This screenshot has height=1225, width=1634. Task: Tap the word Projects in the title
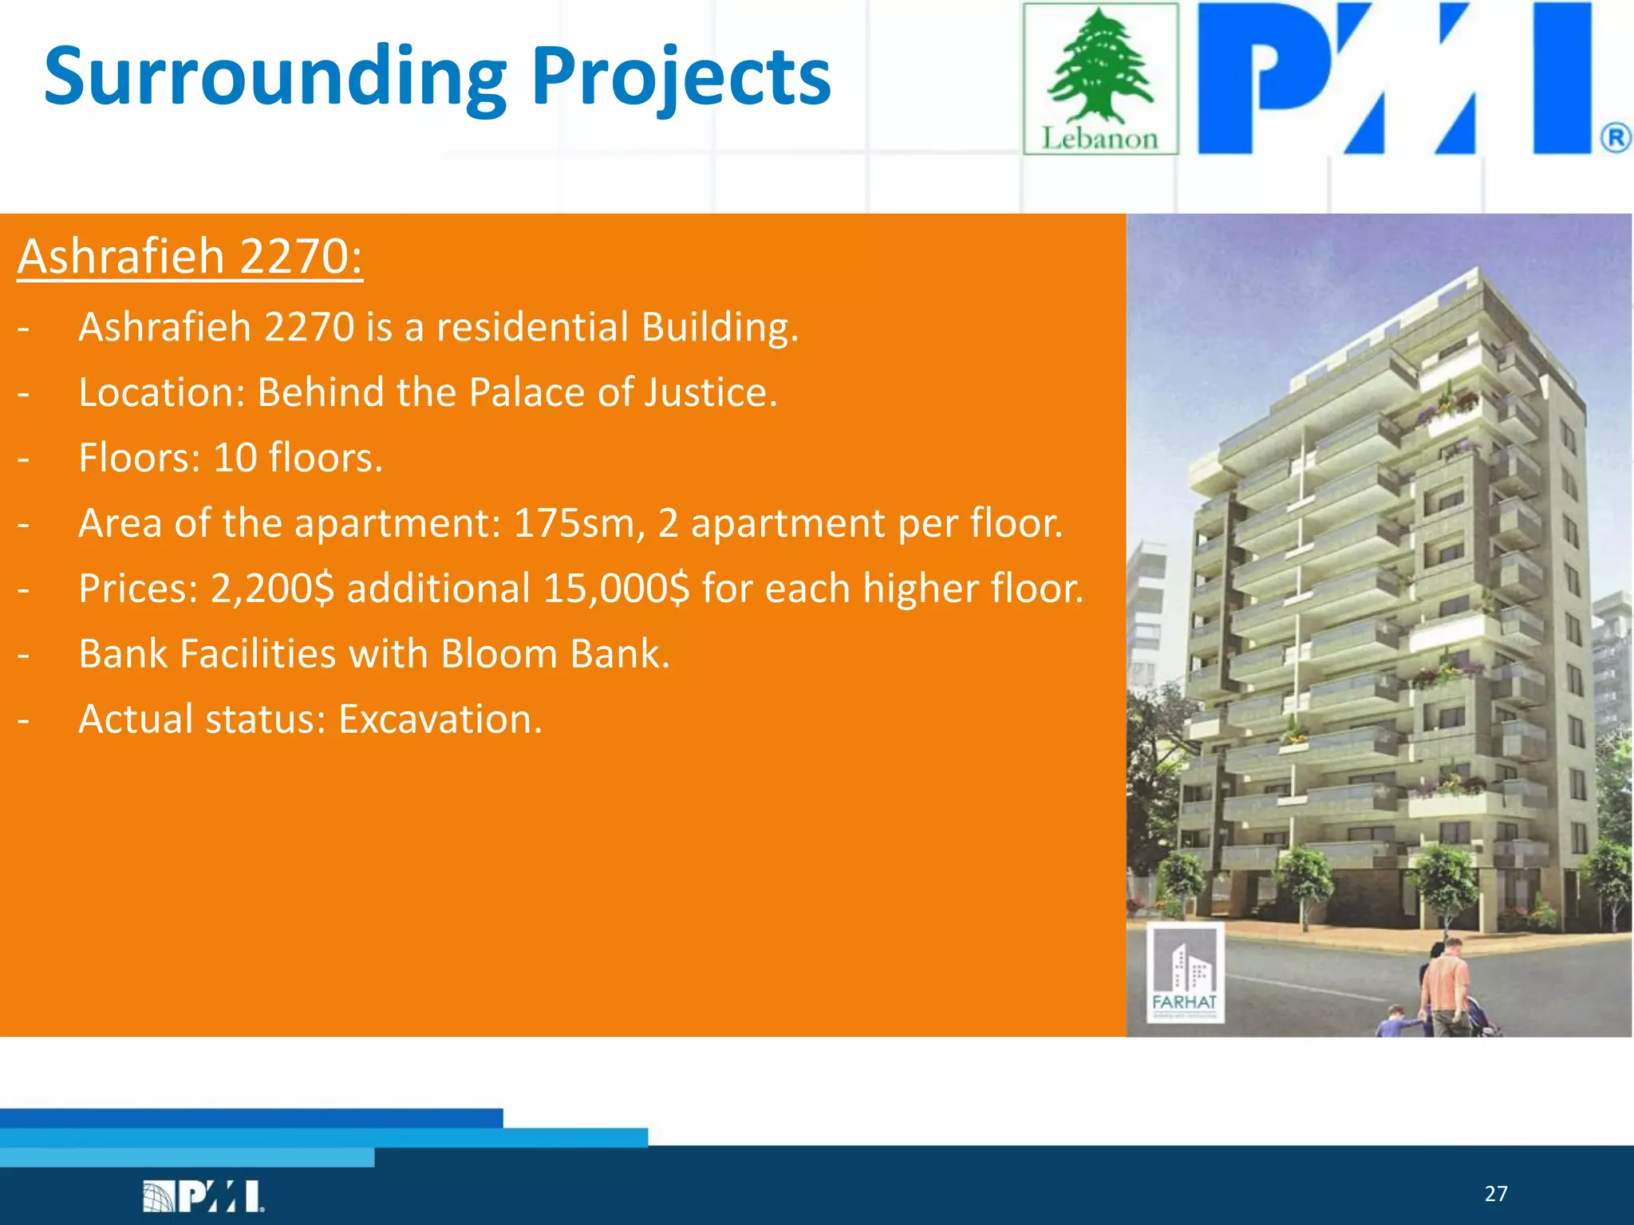[x=681, y=77]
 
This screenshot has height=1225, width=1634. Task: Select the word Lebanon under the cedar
[x=1099, y=139]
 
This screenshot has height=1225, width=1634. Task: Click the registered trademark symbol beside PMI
[x=1615, y=139]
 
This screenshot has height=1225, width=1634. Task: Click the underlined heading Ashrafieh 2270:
[x=190, y=257]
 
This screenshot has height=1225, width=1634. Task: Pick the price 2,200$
[x=272, y=589]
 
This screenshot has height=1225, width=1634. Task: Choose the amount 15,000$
[x=615, y=589]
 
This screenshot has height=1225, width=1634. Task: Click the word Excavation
[x=440, y=719]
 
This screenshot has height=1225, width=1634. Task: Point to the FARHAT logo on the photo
[x=1185, y=973]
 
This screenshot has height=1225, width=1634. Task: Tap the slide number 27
[x=1496, y=1194]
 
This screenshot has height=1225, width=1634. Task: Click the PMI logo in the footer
[x=203, y=1196]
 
